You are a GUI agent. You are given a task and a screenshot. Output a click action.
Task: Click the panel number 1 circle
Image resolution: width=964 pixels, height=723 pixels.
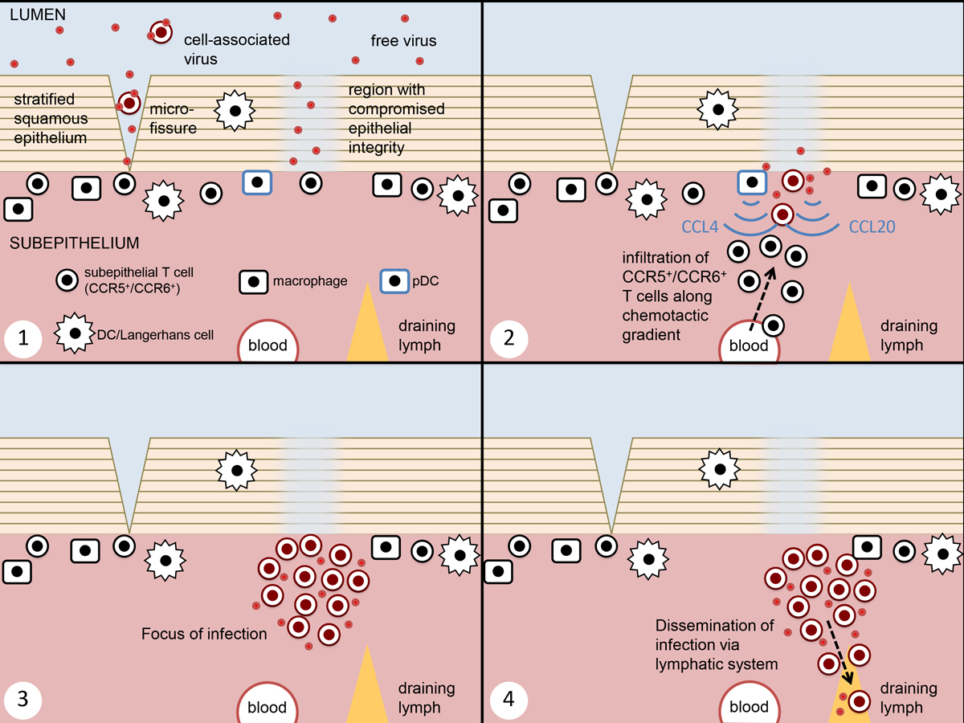point(23,338)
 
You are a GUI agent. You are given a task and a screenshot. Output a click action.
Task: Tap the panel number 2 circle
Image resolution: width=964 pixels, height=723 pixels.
point(506,338)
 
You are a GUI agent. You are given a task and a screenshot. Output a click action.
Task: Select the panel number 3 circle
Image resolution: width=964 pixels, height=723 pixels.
point(23,699)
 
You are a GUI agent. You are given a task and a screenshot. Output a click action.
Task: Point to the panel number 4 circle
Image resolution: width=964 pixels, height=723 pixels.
point(506,699)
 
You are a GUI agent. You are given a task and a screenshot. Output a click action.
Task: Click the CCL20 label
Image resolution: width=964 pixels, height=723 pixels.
point(872,227)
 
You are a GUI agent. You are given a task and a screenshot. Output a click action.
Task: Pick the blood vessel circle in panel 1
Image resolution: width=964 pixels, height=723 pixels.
point(268,345)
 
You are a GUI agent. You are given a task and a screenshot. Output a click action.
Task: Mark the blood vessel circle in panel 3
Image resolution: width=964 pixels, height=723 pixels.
point(268,706)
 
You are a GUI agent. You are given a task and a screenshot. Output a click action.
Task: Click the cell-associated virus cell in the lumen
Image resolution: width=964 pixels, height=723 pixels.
point(161,32)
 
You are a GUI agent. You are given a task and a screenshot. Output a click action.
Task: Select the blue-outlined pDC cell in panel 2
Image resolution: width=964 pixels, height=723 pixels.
point(752,182)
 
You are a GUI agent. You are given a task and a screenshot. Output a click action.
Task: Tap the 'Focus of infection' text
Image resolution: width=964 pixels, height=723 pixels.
point(204,634)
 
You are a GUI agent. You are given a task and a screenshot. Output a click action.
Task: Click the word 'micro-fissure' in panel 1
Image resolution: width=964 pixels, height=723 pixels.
point(174,117)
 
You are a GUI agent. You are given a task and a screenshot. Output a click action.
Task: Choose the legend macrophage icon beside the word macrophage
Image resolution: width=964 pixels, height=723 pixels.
point(254,282)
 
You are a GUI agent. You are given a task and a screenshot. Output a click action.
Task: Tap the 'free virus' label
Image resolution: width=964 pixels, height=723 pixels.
point(403,40)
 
